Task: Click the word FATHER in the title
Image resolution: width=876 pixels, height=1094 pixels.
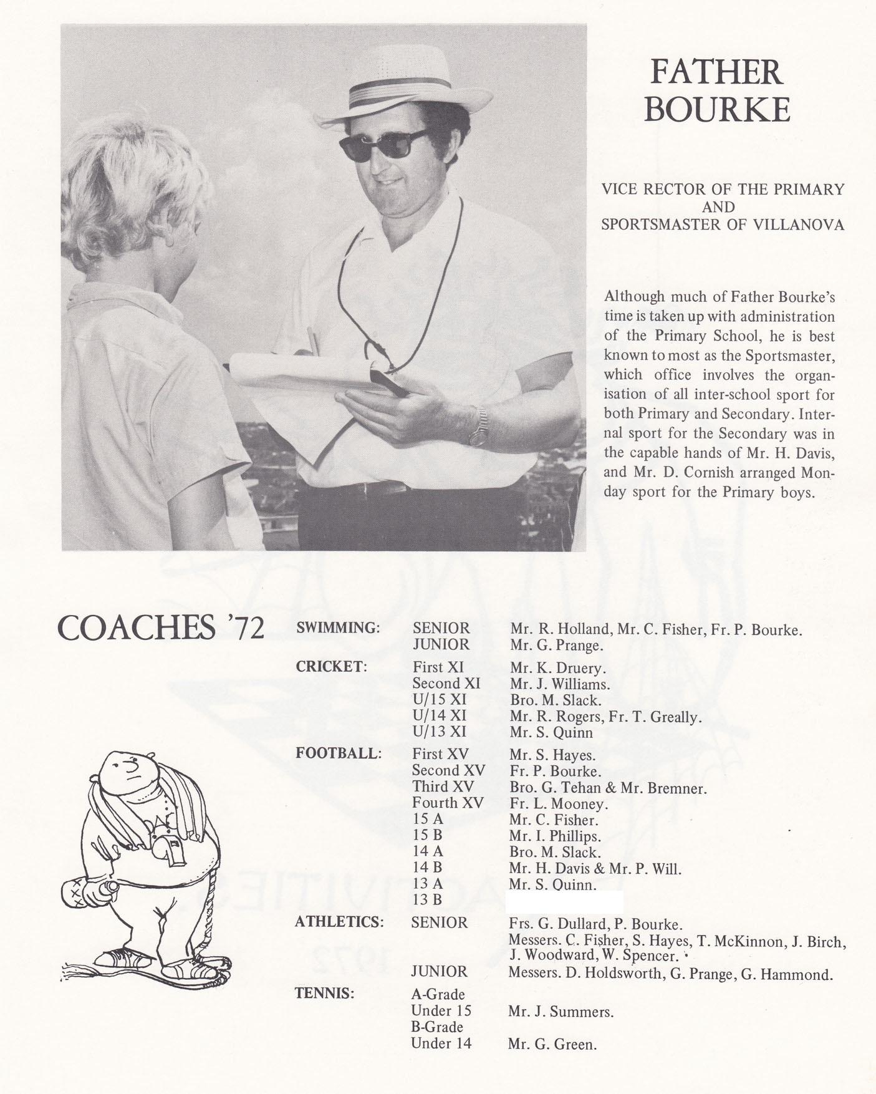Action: pos(716,72)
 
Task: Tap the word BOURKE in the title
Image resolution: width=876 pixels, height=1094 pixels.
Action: pos(717,110)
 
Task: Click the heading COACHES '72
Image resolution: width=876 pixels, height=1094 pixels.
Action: pos(161,628)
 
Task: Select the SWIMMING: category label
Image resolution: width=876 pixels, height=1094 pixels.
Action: pos(337,628)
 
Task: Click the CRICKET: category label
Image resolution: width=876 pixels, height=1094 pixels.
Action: pos(331,666)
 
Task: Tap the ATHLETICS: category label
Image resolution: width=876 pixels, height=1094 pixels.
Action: pos(339,922)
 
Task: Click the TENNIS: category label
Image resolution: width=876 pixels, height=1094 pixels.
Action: pos(324,994)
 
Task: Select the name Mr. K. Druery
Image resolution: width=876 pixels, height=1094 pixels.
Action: pos(558,669)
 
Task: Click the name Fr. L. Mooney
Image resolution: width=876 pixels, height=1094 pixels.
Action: pos(558,803)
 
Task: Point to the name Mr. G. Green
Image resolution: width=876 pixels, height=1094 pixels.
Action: pos(552,1044)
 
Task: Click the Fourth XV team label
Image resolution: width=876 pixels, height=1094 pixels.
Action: pos(447,803)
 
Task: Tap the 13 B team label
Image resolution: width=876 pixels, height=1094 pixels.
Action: pos(427,899)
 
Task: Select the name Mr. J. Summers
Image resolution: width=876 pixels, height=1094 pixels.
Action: pos(561,1012)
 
